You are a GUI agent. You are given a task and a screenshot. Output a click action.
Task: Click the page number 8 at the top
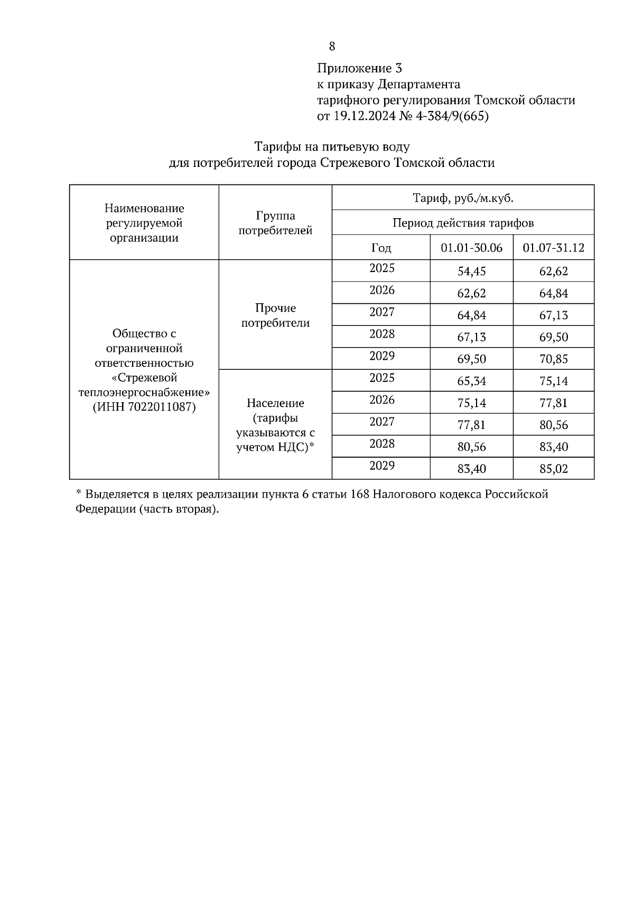click(x=332, y=46)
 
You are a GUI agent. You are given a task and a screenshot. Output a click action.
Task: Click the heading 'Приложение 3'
click(x=359, y=68)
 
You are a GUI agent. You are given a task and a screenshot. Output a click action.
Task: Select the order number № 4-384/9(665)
click(x=444, y=116)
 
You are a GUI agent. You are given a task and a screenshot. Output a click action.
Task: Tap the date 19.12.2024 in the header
click(x=364, y=116)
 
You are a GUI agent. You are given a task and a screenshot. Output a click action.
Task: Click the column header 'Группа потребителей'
click(x=275, y=223)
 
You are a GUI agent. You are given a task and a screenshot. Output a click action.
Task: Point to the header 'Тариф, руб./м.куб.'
click(x=463, y=199)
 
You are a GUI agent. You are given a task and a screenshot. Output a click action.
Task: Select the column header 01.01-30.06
click(x=471, y=248)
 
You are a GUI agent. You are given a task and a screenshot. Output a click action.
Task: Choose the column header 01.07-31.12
click(x=553, y=248)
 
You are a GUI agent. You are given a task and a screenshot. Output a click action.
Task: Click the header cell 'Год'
click(x=381, y=248)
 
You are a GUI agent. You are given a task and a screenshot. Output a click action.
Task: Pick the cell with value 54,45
click(x=471, y=272)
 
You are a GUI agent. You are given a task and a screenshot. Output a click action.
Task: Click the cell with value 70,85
click(x=553, y=359)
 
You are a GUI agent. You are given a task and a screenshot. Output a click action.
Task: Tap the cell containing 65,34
click(x=471, y=381)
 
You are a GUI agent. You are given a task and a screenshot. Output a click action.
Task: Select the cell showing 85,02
click(x=553, y=469)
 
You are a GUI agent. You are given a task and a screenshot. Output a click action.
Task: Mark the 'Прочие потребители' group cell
click(x=275, y=315)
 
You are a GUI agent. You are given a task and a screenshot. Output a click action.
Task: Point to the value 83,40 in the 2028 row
click(x=553, y=447)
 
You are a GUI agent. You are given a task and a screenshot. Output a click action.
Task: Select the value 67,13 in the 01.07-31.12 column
click(x=553, y=315)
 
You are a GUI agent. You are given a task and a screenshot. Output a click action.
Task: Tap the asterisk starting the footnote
click(x=78, y=493)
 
